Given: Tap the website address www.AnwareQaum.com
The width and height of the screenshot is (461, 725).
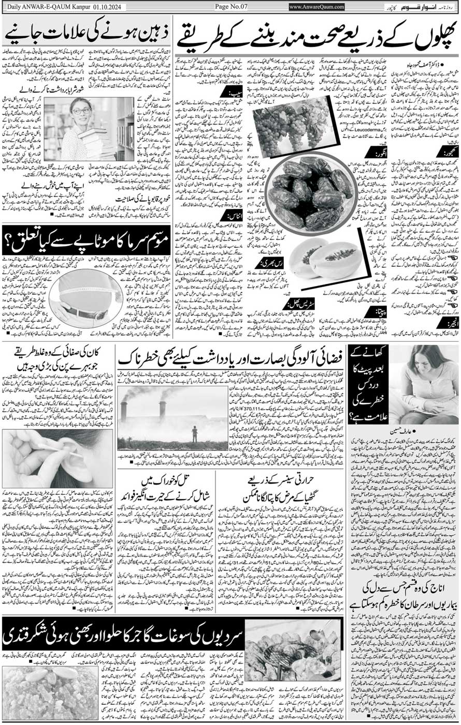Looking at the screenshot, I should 316,6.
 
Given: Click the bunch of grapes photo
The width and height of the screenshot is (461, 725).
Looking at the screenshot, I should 292,126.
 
